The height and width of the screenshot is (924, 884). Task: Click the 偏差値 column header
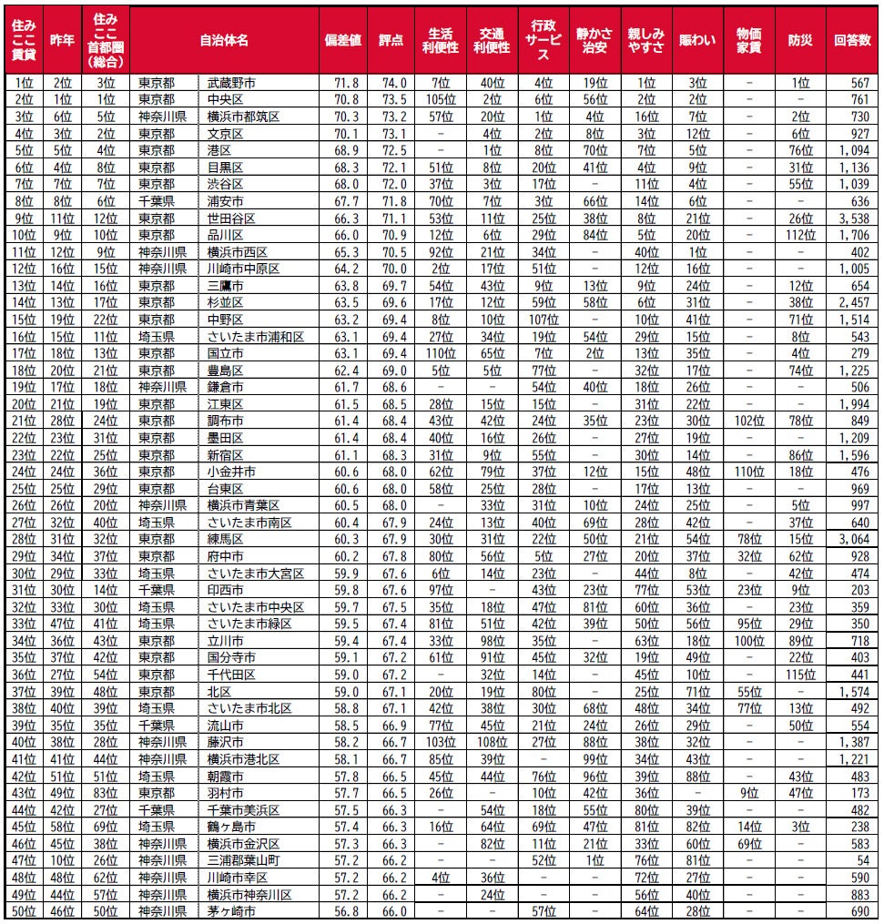[x=343, y=41]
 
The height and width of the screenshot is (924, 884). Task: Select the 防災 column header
[x=800, y=41]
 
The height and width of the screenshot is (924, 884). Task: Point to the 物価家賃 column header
[x=749, y=41]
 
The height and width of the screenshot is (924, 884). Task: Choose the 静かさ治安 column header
[x=595, y=41]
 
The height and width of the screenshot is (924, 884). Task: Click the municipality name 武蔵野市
[x=227, y=83]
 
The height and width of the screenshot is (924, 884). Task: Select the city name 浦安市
[x=226, y=201]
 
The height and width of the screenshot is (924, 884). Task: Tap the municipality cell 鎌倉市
[x=226, y=386]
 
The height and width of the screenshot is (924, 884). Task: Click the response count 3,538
[x=853, y=218]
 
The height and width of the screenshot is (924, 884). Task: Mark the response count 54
[x=861, y=858]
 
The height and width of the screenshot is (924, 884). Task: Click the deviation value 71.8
[x=343, y=83]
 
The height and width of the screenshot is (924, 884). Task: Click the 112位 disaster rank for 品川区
[x=800, y=235]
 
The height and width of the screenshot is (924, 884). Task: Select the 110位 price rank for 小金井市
[x=749, y=471]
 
